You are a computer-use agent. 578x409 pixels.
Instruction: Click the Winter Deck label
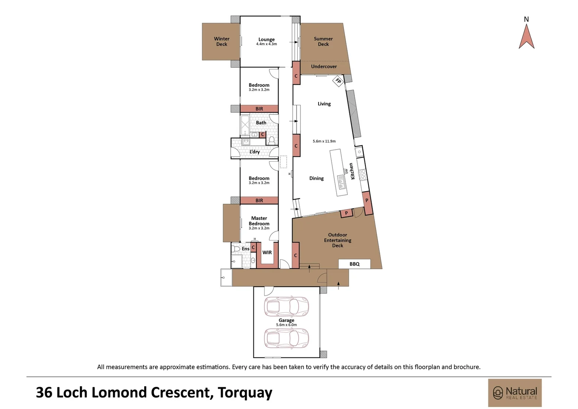point(222,41)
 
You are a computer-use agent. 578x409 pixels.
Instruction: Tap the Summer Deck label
point(323,41)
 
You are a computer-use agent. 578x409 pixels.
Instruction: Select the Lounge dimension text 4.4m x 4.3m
point(266,44)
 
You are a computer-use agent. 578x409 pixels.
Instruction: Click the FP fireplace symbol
point(338,81)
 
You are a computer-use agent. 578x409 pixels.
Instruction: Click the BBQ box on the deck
point(354,264)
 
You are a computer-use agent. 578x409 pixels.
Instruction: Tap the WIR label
point(267,253)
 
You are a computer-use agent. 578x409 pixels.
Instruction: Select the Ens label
point(245,249)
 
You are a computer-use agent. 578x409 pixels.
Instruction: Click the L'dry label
point(255,152)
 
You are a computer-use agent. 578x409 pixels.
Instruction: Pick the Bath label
point(261,123)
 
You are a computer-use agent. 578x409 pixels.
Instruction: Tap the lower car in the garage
point(286,338)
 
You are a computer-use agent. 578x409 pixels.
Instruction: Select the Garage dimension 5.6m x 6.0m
point(286,325)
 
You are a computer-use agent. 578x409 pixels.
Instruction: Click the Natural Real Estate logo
point(515,393)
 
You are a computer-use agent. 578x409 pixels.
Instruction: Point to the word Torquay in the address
point(245,393)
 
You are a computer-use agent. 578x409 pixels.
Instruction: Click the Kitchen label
point(352,171)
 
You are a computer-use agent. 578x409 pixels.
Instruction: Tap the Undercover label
point(324,67)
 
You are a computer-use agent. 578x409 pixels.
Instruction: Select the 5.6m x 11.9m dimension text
point(324,141)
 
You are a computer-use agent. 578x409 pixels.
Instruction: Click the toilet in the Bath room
point(271,140)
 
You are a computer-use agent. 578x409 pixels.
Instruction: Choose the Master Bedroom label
point(259,221)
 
